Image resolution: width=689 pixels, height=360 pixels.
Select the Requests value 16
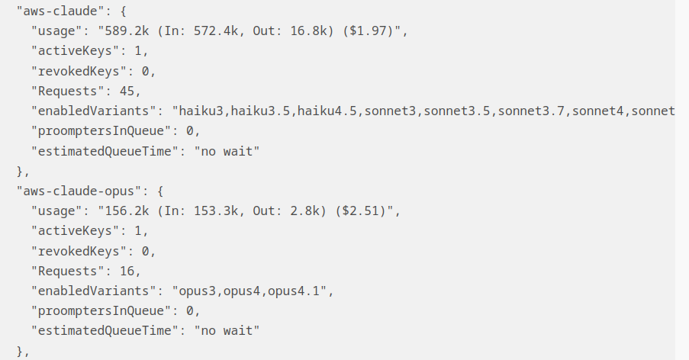127,271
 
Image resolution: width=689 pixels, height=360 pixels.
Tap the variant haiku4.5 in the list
327,111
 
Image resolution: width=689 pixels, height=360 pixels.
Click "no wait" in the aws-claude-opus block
227,330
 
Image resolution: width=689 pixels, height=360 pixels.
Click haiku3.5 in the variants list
260,111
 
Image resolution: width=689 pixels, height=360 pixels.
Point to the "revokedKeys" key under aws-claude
76,71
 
